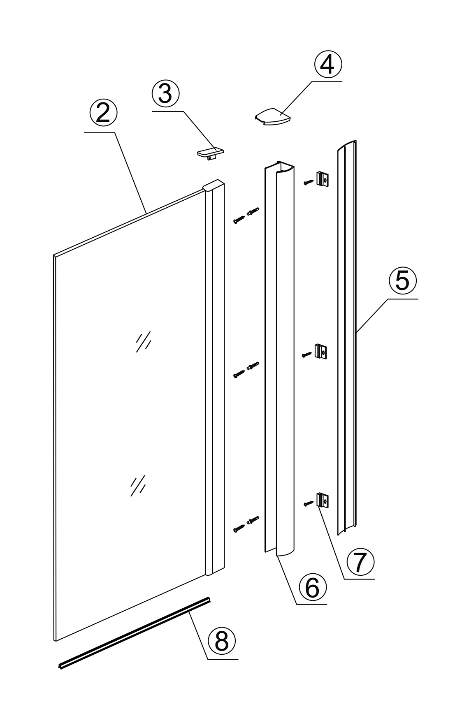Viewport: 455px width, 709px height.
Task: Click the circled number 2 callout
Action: click(x=103, y=114)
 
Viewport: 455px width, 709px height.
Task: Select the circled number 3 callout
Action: click(x=165, y=94)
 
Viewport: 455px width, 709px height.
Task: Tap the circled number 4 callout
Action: click(x=328, y=65)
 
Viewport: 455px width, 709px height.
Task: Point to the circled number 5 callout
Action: click(x=403, y=281)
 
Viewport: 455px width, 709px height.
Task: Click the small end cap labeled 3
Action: click(x=210, y=153)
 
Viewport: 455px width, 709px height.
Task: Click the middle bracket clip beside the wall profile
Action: click(x=321, y=351)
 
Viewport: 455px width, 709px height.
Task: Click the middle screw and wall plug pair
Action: click(x=246, y=370)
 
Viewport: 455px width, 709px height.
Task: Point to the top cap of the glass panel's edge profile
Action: click(x=214, y=185)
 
